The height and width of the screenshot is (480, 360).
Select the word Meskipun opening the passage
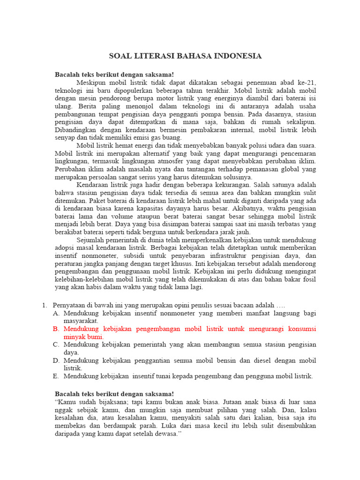[x=90, y=82]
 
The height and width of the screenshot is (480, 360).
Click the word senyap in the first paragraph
[x=65, y=138]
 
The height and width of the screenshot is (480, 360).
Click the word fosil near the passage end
[x=307, y=279]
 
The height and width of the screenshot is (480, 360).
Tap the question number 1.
[x=45, y=305]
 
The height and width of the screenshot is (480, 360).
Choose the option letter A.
[x=56, y=313]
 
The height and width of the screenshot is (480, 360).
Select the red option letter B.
[x=56, y=329]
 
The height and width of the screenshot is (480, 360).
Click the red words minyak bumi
[x=84, y=337]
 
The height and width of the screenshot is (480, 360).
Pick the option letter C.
[x=56, y=345]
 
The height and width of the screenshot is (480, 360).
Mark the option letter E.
[x=56, y=376]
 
